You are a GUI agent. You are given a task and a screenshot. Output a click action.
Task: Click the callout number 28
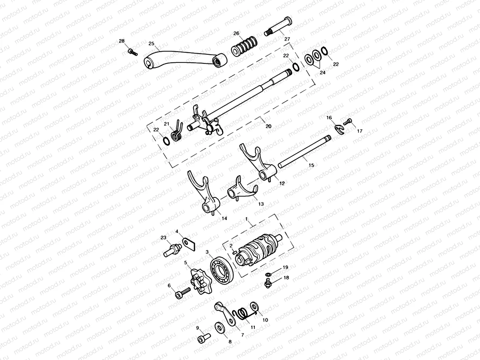pyautogui.click(x=122, y=41)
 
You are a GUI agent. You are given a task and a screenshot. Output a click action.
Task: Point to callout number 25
pyautogui.click(x=151, y=43)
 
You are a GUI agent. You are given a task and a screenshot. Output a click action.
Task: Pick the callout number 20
pyautogui.click(x=268, y=126)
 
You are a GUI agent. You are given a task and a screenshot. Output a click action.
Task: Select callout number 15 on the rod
pyautogui.click(x=311, y=165)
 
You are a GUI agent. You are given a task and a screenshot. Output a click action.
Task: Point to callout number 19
pyautogui.click(x=285, y=267)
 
